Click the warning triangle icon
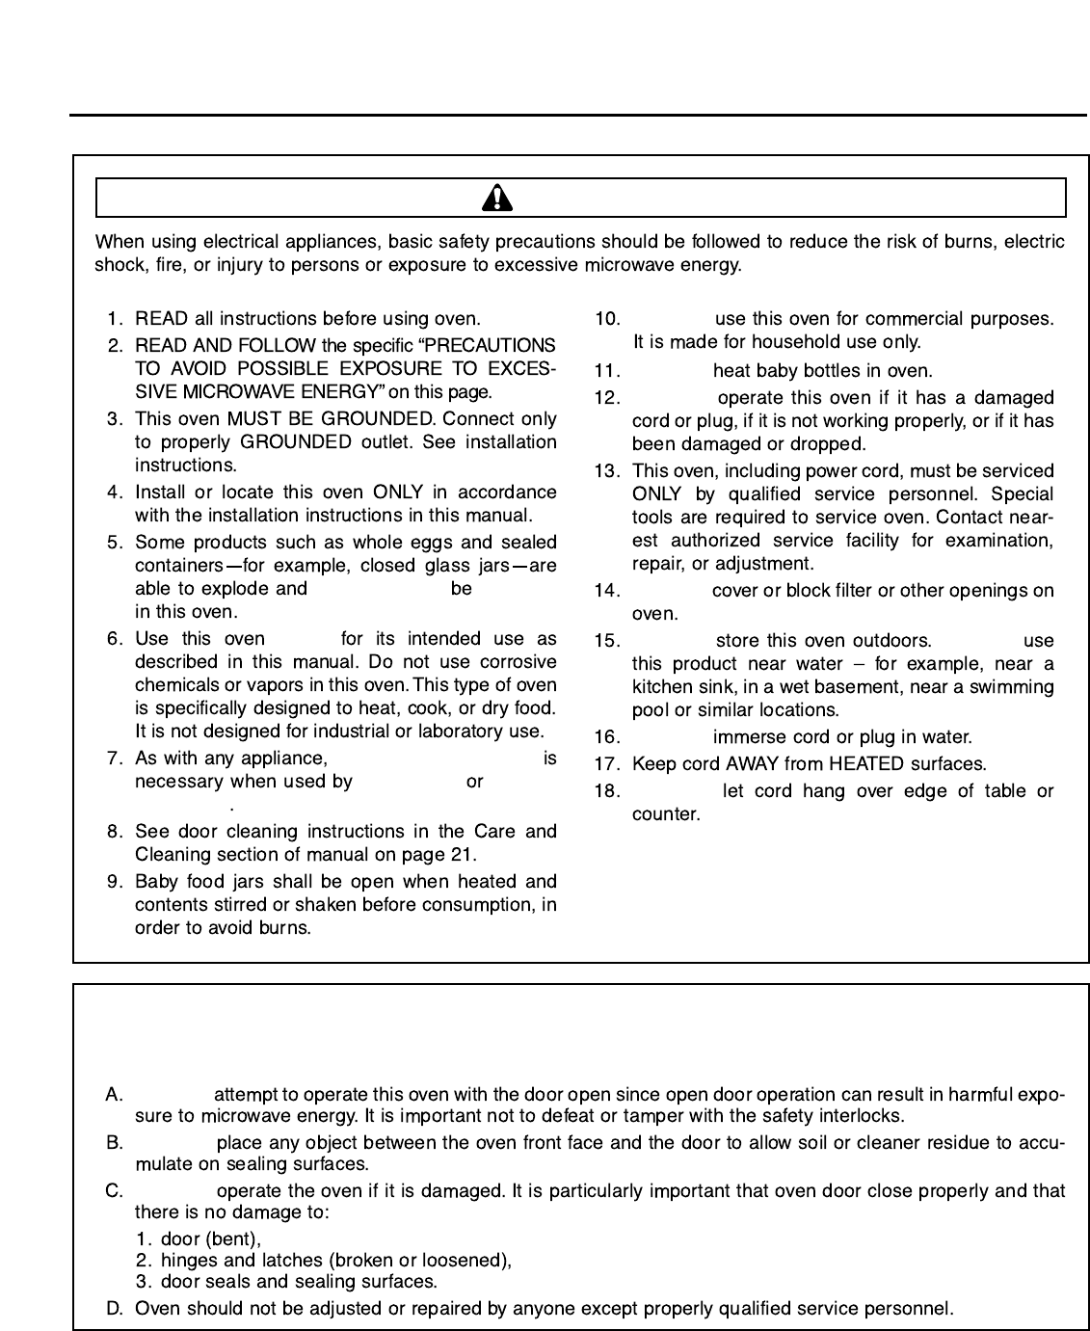[x=497, y=199]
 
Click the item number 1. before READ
[x=116, y=319]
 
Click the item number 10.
[x=607, y=319]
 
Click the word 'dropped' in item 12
[x=832, y=444]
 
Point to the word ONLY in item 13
[x=655, y=494]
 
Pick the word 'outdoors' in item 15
[x=891, y=641]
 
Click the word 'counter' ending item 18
[x=663, y=814]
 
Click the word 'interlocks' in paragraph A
[x=864, y=1117]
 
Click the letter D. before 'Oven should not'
[x=115, y=1309]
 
